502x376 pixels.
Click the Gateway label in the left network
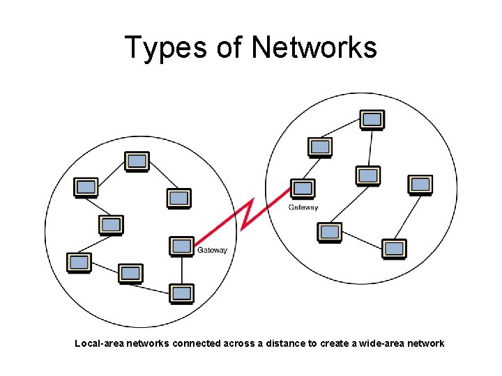pos(212,250)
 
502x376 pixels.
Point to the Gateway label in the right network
pos(303,207)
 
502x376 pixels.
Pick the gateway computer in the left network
pos(182,246)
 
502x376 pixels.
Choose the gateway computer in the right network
pos(303,188)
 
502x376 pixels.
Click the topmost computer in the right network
pos(372,120)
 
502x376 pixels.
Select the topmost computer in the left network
pos(137,162)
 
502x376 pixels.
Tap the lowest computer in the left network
pos(182,293)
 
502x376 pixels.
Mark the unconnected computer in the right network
pos(420,185)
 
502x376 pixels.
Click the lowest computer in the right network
pos(394,248)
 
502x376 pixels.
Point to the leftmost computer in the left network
pos(79,263)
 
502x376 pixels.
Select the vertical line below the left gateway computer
pos(182,269)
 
